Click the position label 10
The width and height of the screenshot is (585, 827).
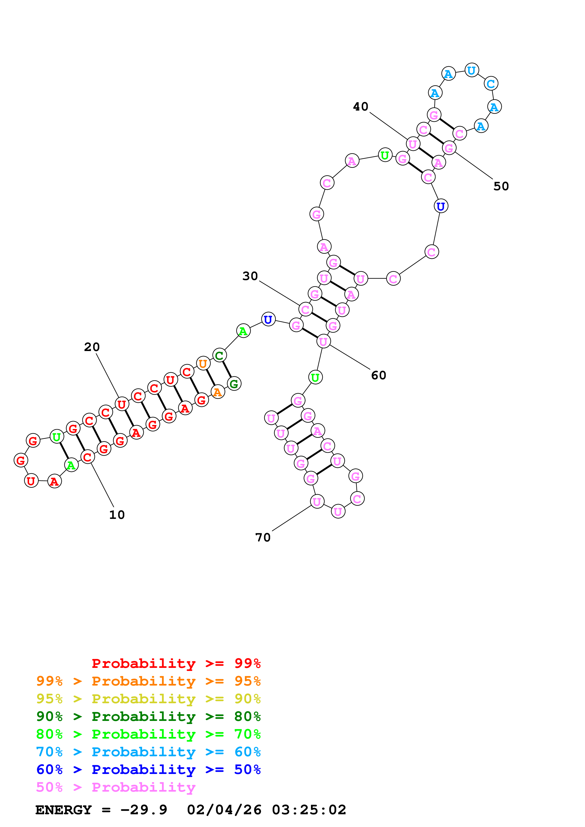[x=117, y=515]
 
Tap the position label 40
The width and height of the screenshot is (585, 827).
[x=360, y=107]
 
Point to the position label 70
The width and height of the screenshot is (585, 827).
[x=263, y=538]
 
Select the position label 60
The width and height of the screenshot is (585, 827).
[x=379, y=375]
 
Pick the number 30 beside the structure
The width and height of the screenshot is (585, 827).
[x=250, y=276]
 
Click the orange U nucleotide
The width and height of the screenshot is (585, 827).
[x=203, y=364]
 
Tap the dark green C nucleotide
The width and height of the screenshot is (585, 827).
[x=219, y=356]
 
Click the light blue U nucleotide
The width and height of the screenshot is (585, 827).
[x=471, y=70]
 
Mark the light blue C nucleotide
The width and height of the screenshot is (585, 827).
[x=491, y=83]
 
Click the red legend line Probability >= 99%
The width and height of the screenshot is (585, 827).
[x=176, y=663]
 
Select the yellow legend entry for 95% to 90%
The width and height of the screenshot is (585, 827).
[x=148, y=699]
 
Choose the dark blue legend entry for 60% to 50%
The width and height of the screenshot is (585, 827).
[x=148, y=769]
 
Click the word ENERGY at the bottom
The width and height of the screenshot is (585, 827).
[x=63, y=810]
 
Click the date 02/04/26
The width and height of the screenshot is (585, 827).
[x=224, y=810]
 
